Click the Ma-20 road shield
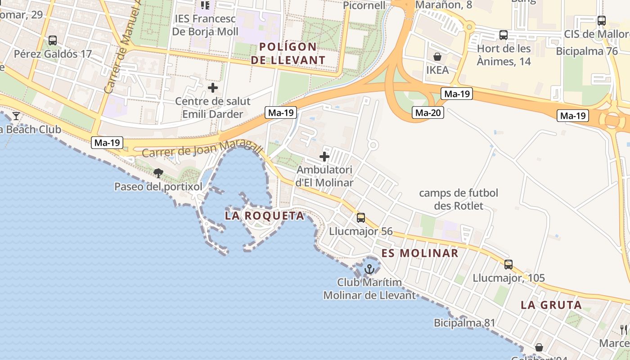(427, 113)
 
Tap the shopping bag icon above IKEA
(437, 57)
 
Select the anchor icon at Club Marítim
(369, 269)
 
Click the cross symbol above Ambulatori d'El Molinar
(324, 157)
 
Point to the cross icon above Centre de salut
(213, 87)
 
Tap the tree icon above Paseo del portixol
(158, 173)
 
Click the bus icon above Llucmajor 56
(361, 218)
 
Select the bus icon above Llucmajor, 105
(508, 265)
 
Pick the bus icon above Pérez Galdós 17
(53, 40)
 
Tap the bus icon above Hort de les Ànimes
(504, 35)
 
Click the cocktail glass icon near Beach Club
(16, 116)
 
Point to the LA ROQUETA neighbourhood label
(265, 216)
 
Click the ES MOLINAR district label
(420, 253)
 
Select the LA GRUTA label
(551, 305)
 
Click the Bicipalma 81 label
(464, 323)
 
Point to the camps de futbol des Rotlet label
(459, 199)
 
